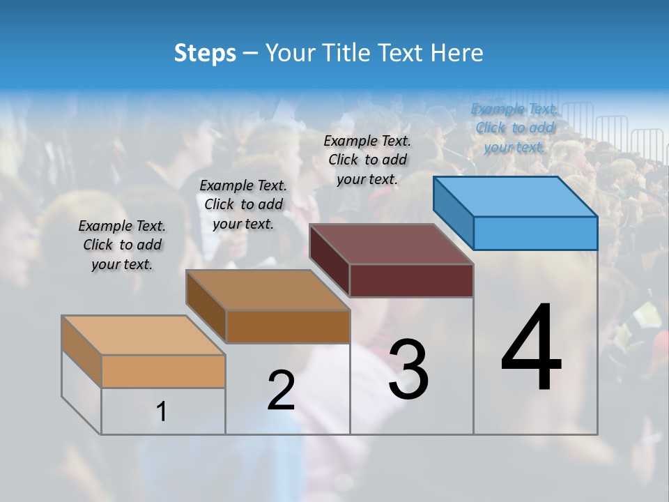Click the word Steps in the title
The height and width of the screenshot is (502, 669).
pos(205,53)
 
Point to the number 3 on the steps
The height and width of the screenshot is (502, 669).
pos(408,370)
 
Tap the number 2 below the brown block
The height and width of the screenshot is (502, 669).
pos(281,390)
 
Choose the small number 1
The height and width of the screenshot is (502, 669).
pos(162,412)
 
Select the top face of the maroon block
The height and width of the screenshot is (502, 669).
pos(392,244)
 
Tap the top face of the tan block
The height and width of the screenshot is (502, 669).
pos(144,335)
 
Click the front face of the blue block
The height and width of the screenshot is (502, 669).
pos(535,233)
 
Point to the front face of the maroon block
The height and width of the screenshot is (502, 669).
pos(411,280)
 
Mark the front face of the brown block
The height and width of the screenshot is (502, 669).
pos(287,326)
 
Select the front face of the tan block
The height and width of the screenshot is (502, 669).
pos(163,371)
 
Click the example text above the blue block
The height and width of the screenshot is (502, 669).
pos(515,128)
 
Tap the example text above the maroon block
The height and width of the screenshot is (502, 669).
pos(368,160)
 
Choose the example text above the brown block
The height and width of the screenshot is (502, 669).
pos(243,204)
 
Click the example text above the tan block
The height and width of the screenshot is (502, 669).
pos(122,245)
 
